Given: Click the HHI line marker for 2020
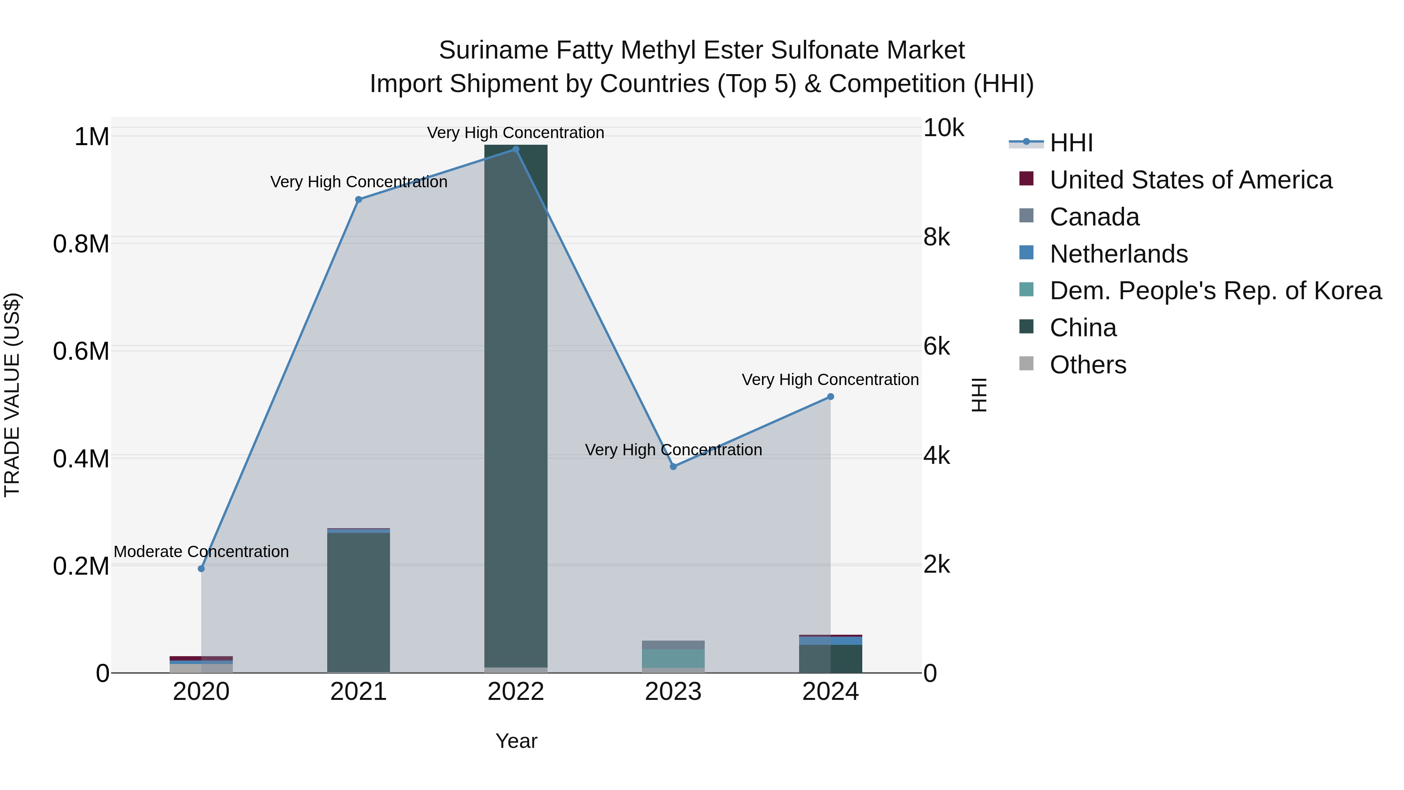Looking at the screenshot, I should (x=201, y=569).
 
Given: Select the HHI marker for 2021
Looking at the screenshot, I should (x=359, y=199).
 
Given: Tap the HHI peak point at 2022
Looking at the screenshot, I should (x=516, y=149).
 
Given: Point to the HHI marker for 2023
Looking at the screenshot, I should (x=673, y=467).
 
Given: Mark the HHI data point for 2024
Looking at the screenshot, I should (x=831, y=397).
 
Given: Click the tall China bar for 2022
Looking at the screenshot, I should (x=516, y=403).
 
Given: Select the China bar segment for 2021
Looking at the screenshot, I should (x=359, y=602).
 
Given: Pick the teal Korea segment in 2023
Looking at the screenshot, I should (x=673, y=658).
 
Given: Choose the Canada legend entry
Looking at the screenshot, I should (x=1094, y=217).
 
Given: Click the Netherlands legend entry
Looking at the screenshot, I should (x=1119, y=254).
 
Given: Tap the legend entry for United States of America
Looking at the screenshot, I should (x=1190, y=180).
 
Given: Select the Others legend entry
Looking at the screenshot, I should (x=1087, y=365).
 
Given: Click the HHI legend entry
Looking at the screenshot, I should (x=1071, y=143).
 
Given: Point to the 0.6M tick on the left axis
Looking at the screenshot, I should (x=81, y=351).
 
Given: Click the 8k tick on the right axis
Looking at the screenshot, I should (x=936, y=238).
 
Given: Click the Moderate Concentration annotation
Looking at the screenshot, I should (x=201, y=552).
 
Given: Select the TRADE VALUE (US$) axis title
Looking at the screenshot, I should (x=12, y=395).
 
